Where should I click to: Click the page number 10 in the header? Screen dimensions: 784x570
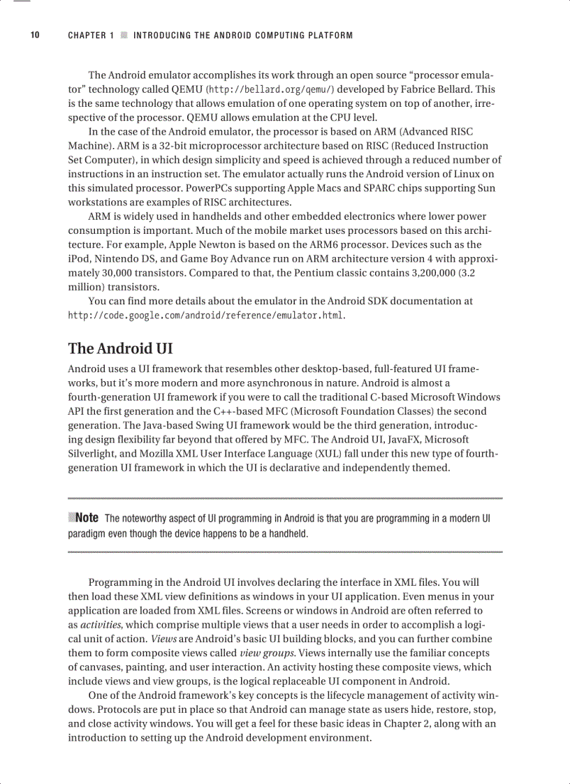tap(34, 36)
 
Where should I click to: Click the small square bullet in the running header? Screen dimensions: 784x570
tap(124, 36)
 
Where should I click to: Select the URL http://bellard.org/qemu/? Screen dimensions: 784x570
tap(271, 89)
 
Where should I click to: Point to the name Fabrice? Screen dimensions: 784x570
tap(425, 89)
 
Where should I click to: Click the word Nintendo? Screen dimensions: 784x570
tap(116, 259)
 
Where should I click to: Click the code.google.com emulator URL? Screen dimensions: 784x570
tap(206, 316)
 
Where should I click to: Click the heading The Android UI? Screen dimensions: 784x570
tap(120, 348)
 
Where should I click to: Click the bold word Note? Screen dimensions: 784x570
tap(87, 518)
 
